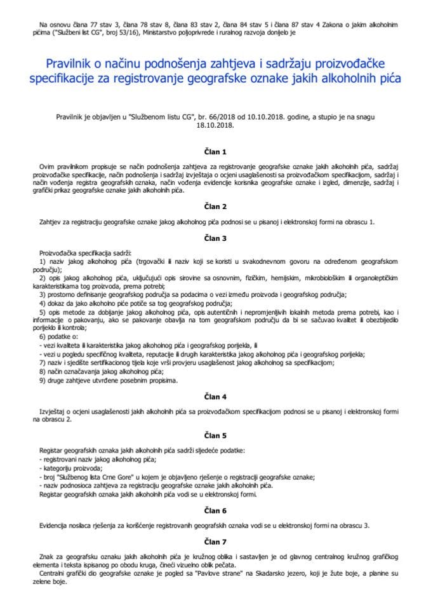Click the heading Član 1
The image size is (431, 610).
click(x=215, y=151)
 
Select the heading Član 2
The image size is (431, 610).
click(x=215, y=206)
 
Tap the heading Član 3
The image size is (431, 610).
click(x=215, y=238)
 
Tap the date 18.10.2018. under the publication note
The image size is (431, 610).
click(x=215, y=125)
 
